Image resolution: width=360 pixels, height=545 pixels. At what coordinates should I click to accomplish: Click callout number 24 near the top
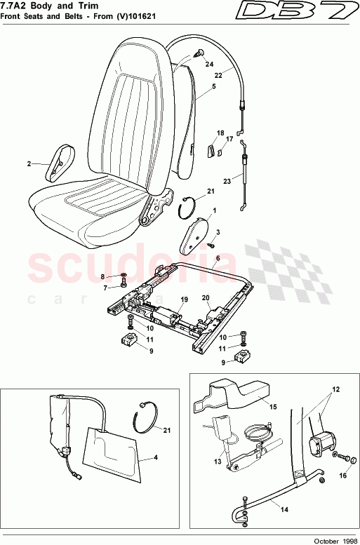pos(208,64)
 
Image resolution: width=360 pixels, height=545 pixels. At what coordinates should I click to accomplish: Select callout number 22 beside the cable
pos(218,74)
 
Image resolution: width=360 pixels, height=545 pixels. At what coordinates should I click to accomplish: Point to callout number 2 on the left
pos(29,164)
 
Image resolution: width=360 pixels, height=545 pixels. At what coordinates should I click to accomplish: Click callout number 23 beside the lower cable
pos(227,180)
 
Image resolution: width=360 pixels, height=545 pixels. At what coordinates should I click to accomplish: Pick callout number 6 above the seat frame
pos(218,258)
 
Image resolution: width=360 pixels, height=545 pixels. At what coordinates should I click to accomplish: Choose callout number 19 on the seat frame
pos(183,300)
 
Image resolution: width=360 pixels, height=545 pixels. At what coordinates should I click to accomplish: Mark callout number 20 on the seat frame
pos(206,297)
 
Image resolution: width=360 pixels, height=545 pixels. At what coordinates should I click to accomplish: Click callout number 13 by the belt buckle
pos(218,462)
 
